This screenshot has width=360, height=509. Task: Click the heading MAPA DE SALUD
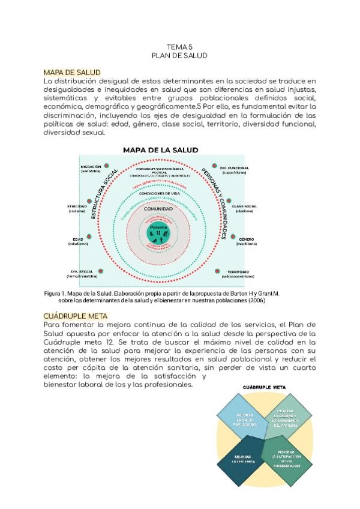(71, 73)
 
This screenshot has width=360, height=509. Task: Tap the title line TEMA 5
(179, 46)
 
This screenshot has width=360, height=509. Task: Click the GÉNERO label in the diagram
(247, 239)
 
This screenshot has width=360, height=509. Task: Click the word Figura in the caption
(55, 294)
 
